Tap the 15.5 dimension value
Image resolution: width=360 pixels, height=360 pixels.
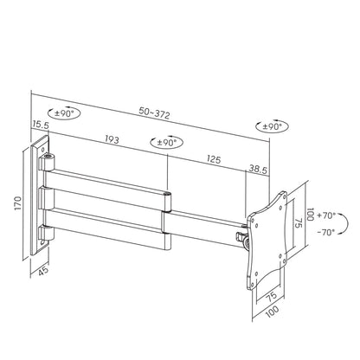pyautogui.click(x=40, y=125)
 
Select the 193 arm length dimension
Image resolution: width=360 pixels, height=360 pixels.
pyautogui.click(x=111, y=138)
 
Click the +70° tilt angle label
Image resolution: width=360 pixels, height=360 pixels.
pyautogui.click(x=326, y=214)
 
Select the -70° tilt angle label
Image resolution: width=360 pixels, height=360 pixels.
pyautogui.click(x=326, y=233)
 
